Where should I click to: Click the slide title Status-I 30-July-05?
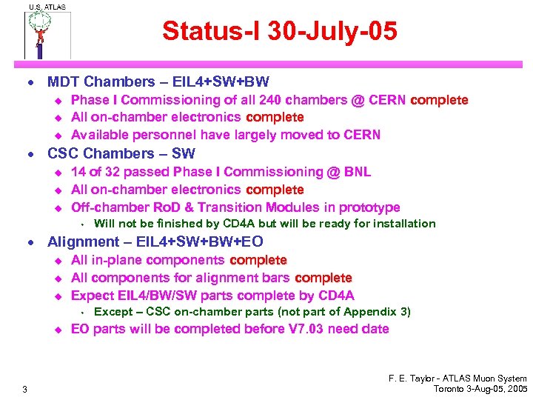coord(280,32)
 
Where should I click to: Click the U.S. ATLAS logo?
coord(46,32)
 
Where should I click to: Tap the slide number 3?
coord(25,390)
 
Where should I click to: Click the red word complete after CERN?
coord(440,100)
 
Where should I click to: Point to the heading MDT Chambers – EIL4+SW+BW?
coord(158,81)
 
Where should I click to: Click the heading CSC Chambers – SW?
coord(121,154)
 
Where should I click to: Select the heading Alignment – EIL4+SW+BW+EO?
coord(155,241)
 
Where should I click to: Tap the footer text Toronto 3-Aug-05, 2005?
coord(480,389)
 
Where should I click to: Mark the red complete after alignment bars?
coord(324,278)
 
